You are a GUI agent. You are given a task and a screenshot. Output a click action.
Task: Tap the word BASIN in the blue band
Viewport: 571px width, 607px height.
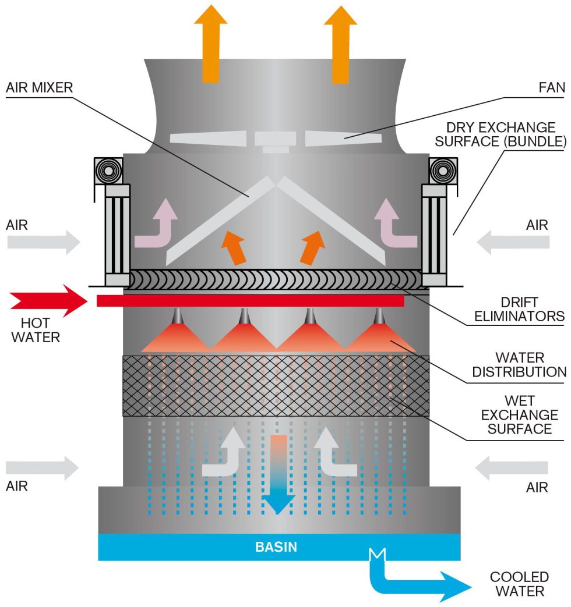point(276,547)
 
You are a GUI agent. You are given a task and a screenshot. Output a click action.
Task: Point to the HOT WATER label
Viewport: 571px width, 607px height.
point(35,330)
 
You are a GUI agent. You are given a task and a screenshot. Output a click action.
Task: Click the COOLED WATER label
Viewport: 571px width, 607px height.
point(519,584)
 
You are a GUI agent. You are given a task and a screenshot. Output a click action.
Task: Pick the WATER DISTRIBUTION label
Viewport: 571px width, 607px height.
point(519,364)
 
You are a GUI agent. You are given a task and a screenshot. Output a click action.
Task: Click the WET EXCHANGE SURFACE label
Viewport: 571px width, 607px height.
point(519,415)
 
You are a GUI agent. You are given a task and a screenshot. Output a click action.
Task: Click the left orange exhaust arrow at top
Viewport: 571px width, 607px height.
point(210,44)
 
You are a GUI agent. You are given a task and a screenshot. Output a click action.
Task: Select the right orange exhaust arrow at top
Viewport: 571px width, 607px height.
point(340,44)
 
